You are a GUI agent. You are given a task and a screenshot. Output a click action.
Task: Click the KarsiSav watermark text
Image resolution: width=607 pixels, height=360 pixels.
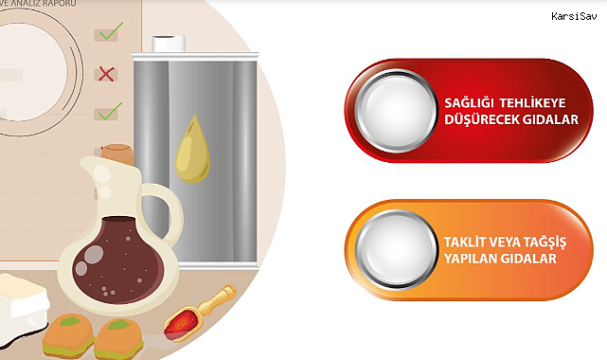pos(574,16)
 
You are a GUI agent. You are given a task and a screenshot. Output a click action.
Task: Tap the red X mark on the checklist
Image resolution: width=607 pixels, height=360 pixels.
pos(106,74)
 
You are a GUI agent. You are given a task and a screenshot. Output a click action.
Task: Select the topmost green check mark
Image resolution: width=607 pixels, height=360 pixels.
pos(112,31)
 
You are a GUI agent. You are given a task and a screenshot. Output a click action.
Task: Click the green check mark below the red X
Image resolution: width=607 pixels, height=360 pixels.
pos(111,111)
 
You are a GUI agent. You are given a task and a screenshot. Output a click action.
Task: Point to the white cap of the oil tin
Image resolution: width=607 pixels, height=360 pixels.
pos(169,44)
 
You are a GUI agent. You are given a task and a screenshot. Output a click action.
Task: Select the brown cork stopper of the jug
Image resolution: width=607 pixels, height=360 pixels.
pos(117,153)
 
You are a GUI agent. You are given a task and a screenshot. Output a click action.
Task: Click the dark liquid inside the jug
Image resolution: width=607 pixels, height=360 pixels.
pos(117,261)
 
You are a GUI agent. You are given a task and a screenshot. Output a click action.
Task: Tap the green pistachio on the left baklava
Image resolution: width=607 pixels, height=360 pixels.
pos(69,321)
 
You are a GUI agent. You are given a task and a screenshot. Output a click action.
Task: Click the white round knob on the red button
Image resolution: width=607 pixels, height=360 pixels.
pos(396,110)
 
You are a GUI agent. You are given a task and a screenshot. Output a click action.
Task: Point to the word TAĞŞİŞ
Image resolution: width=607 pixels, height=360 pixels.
pos(545,243)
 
